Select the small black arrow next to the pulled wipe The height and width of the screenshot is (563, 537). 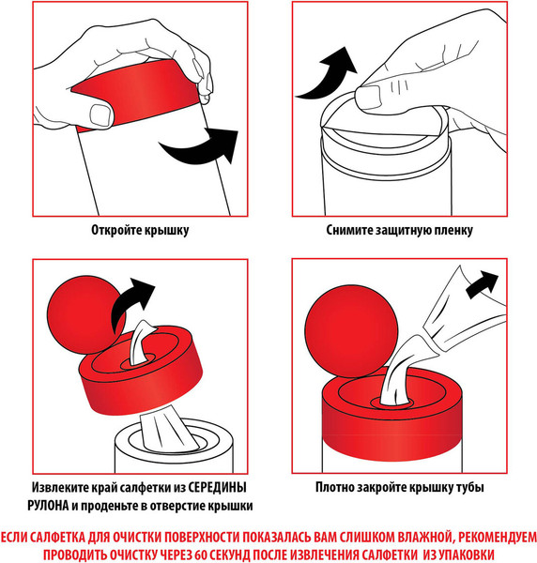click(482, 284)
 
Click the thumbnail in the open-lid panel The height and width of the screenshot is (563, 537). click(101, 115)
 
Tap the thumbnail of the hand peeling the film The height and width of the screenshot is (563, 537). click(368, 97)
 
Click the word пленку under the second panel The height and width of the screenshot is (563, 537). click(453, 230)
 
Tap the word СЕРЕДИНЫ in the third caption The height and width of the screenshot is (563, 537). click(218, 488)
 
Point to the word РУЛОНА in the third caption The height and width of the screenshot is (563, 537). click(48, 506)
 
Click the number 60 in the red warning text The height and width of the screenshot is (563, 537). click(200, 555)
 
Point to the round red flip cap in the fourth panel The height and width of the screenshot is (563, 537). click(351, 330)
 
